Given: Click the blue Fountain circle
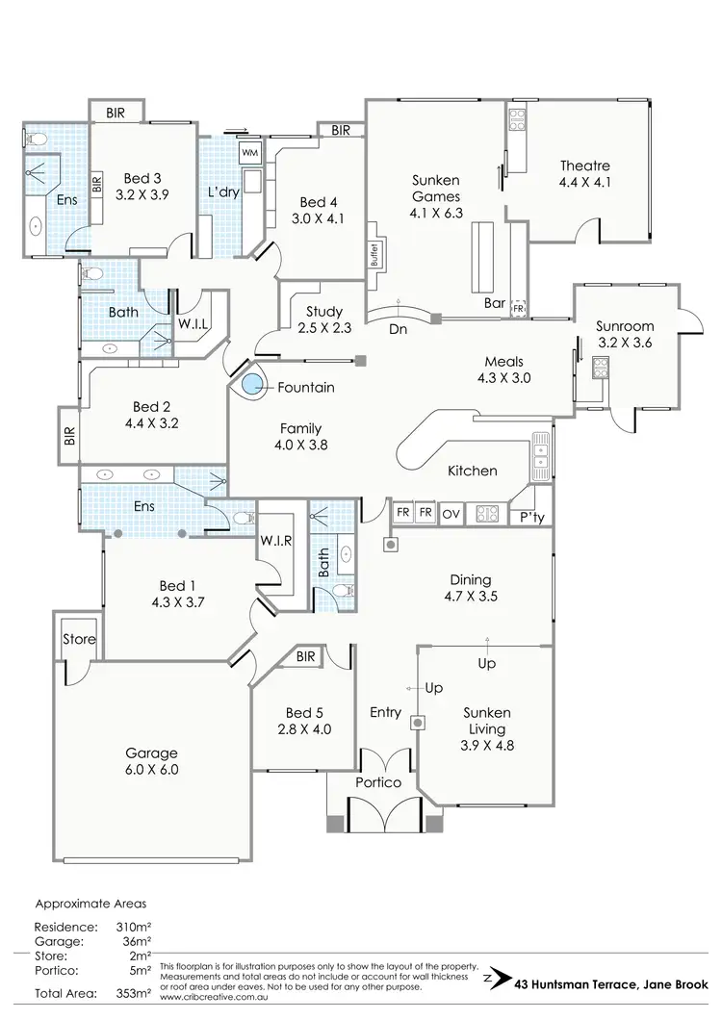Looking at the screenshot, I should coord(252,387).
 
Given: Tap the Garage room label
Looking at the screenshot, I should coord(152,752).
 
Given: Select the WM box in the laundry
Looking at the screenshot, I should coord(249,153).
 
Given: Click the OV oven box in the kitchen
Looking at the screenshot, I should coord(451,514).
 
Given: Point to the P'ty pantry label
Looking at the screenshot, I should coord(532,517).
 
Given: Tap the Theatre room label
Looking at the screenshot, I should coord(584,166).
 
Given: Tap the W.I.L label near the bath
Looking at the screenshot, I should coord(193,324).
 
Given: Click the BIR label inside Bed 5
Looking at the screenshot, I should coord(306,657).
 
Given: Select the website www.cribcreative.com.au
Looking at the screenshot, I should coord(217,997).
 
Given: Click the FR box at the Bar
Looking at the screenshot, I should coord(519,308).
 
